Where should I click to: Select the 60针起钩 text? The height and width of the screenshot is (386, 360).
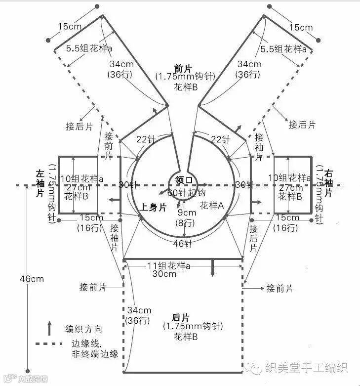click(186, 192)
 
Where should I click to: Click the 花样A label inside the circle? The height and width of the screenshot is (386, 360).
click(212, 205)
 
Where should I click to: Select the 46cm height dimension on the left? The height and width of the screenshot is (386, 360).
click(32, 279)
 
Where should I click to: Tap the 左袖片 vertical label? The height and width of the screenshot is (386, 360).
click(40, 182)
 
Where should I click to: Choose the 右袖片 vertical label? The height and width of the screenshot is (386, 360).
click(329, 183)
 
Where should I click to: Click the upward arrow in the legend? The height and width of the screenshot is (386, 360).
click(49, 328)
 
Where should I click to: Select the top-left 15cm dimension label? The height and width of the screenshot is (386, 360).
click(70, 27)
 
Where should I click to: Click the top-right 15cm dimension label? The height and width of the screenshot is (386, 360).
click(301, 27)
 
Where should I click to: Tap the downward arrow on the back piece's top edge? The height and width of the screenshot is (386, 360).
click(213, 267)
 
